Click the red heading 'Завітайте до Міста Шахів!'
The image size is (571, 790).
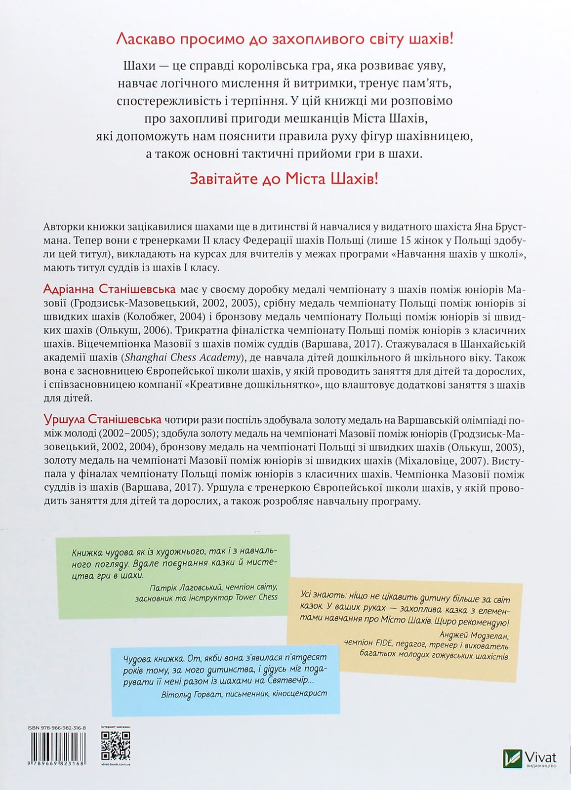tap(284, 178)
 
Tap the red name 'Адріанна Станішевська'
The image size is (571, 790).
tap(109, 288)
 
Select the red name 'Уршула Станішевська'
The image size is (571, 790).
tap(102, 420)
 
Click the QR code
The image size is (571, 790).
tap(116, 746)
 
